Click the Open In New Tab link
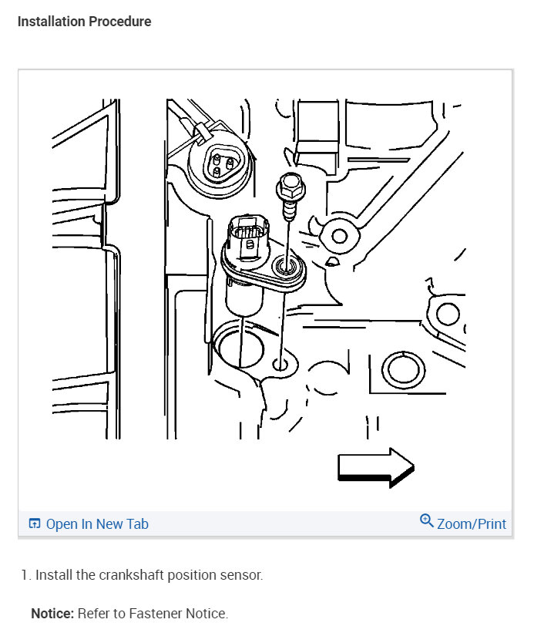pyautogui.click(x=97, y=523)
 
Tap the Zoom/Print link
pyautogui.click(x=472, y=523)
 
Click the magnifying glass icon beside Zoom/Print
pyautogui.click(x=426, y=520)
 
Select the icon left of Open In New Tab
pyautogui.click(x=35, y=523)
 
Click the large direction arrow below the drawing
pyautogui.click(x=375, y=467)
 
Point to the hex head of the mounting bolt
pyautogui.click(x=291, y=187)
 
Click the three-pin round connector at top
pyautogui.click(x=220, y=164)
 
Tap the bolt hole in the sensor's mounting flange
pyautogui.click(x=285, y=265)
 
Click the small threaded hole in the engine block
pyautogui.click(x=280, y=364)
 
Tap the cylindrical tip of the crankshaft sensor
pyautogui.click(x=244, y=297)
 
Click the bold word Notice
pyautogui.click(x=52, y=613)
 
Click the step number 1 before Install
pyautogui.click(x=25, y=575)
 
